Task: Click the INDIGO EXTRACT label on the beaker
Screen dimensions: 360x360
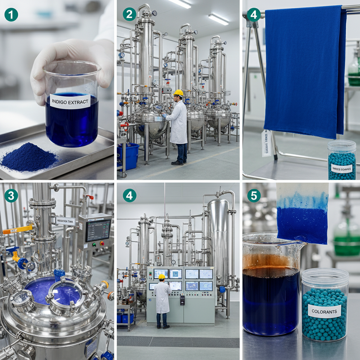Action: (70, 101)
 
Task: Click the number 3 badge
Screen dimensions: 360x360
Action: (11, 196)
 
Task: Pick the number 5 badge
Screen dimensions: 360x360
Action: (254, 196)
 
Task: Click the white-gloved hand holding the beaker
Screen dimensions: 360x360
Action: (70, 60)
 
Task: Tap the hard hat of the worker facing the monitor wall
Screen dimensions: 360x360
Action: (162, 277)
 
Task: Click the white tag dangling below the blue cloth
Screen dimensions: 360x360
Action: (266, 143)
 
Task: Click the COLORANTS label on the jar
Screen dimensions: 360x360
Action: (324, 311)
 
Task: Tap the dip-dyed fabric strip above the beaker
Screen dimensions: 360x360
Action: (302, 214)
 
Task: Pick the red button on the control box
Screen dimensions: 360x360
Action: (102, 243)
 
